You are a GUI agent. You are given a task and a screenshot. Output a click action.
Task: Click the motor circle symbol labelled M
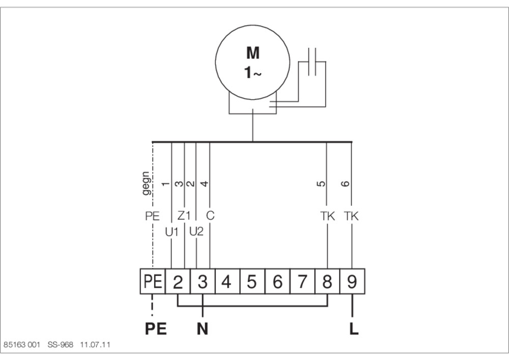[216, 62]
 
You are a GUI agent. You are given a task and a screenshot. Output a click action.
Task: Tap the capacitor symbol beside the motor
[312, 62]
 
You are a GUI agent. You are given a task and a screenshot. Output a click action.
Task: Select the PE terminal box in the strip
[153, 282]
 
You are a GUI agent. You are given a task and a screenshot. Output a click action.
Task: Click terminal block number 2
[178, 282]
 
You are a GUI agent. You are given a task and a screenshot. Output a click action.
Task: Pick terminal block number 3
[203, 282]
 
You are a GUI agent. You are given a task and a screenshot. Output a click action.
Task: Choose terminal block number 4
[228, 282]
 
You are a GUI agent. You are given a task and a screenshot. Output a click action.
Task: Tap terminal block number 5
[252, 282]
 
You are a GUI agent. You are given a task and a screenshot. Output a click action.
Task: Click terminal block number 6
[277, 282]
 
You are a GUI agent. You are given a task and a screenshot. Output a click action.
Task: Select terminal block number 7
[302, 282]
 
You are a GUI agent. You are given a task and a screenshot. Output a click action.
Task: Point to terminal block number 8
[327, 282]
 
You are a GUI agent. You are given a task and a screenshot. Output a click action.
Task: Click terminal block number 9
[352, 282]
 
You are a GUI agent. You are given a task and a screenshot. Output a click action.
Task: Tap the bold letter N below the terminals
[203, 329]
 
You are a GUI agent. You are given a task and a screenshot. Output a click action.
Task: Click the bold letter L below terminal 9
[354, 329]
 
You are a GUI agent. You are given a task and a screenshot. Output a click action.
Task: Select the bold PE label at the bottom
[156, 329]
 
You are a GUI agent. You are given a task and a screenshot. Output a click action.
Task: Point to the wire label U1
[172, 232]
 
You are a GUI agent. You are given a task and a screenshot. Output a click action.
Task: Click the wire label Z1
[184, 215]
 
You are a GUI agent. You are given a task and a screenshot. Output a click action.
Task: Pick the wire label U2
[196, 232]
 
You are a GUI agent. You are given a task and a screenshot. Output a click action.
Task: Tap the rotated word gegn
[146, 183]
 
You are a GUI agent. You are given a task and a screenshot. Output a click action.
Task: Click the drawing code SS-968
[61, 344]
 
